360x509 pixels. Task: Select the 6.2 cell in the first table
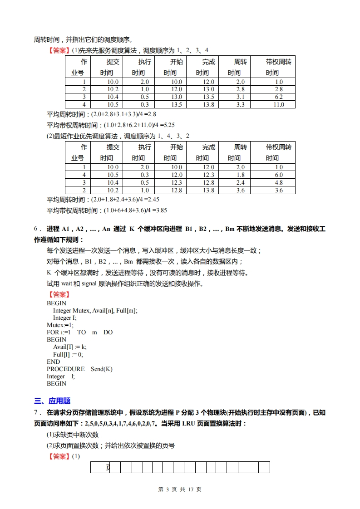pos(279,97)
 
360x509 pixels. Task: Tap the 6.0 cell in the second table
pos(279,175)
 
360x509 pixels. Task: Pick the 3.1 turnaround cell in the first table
pos(241,97)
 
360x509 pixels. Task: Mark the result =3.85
pos(158,210)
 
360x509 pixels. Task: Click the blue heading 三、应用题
pos(52,401)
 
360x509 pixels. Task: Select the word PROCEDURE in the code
pos(65,369)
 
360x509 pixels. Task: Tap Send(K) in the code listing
pos(101,369)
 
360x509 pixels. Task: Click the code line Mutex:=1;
pos(60,325)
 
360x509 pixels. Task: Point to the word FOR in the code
pos(53,332)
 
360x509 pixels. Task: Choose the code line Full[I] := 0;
pos(68,354)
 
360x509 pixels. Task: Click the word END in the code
pos(53,362)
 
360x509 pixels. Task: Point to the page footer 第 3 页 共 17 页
pos(179,489)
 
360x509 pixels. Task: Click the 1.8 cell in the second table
pos(241,175)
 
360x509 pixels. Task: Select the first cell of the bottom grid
pos(100,467)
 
